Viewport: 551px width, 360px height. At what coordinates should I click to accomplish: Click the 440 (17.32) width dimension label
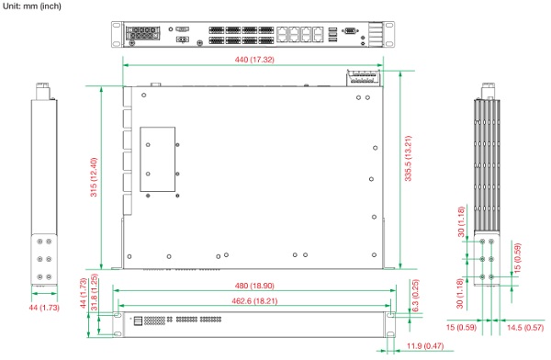click(x=254, y=60)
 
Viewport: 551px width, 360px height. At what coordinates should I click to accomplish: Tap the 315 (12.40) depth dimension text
click(x=94, y=177)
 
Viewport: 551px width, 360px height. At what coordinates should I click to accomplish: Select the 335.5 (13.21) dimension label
click(x=408, y=158)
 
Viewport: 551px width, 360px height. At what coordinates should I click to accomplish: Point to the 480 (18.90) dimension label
click(x=254, y=286)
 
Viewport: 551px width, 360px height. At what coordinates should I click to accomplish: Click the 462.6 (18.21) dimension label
click(x=254, y=301)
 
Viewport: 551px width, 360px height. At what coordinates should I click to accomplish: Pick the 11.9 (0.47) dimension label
click(x=425, y=346)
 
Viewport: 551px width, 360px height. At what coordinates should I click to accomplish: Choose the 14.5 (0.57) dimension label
click(x=525, y=328)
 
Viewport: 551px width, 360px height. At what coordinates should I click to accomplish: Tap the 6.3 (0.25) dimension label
click(x=415, y=296)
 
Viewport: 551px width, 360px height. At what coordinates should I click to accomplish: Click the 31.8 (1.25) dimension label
click(x=94, y=292)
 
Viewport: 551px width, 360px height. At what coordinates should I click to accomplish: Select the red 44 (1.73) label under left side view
click(x=44, y=308)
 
